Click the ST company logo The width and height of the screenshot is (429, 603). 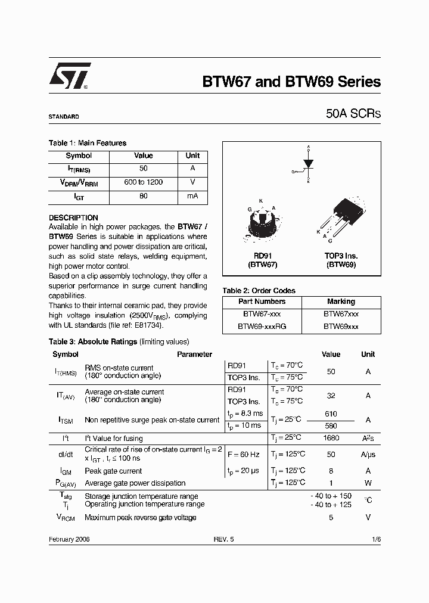70,76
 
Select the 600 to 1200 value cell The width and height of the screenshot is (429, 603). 143,182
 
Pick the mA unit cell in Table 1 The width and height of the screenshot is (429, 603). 192,196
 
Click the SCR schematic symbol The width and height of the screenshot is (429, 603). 307,164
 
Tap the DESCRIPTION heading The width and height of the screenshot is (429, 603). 73,218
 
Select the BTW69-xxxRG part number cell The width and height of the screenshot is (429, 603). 262,327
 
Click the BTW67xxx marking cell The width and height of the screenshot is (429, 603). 341,314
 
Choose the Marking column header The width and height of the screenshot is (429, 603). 341,301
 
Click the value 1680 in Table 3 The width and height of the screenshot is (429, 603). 331,439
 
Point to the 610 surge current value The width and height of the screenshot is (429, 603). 331,414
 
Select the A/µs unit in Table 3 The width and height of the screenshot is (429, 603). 368,455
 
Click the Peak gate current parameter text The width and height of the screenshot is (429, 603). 114,471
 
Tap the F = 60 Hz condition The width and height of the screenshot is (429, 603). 243,455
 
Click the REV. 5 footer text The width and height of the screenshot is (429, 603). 224,539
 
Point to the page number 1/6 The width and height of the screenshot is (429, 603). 375,539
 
